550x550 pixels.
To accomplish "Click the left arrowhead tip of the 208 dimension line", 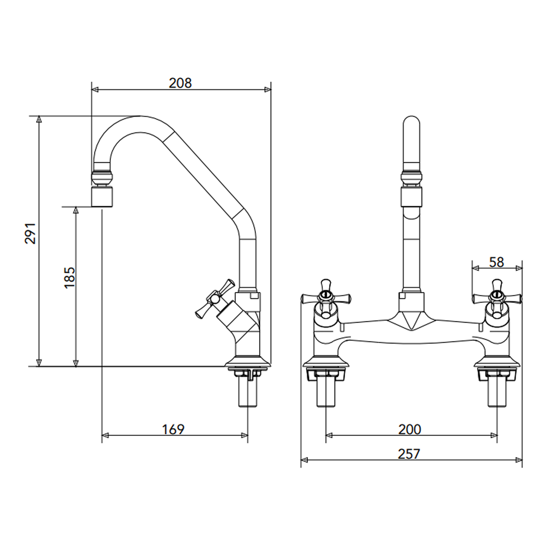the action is [x=92, y=90].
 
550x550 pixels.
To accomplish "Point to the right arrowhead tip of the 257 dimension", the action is [x=522, y=460].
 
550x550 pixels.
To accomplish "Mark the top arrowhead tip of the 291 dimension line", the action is [x=39, y=116].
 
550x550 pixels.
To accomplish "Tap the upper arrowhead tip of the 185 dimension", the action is [x=76, y=207].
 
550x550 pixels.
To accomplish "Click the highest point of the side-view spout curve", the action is [x=140, y=116].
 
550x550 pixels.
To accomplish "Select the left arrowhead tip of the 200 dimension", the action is [x=326, y=435].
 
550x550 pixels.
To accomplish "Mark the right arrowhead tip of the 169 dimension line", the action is [x=247, y=435].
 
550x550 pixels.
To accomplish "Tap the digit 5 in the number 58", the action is [x=493, y=262].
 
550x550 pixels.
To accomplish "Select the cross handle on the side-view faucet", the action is [x=215, y=298].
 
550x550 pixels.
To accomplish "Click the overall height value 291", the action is [x=30, y=233].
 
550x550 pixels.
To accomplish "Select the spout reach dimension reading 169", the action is [x=173, y=429].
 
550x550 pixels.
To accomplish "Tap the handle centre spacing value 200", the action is [x=410, y=429].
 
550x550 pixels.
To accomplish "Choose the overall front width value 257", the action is [x=409, y=454].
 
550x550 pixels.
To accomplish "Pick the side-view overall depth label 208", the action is [x=181, y=83].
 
